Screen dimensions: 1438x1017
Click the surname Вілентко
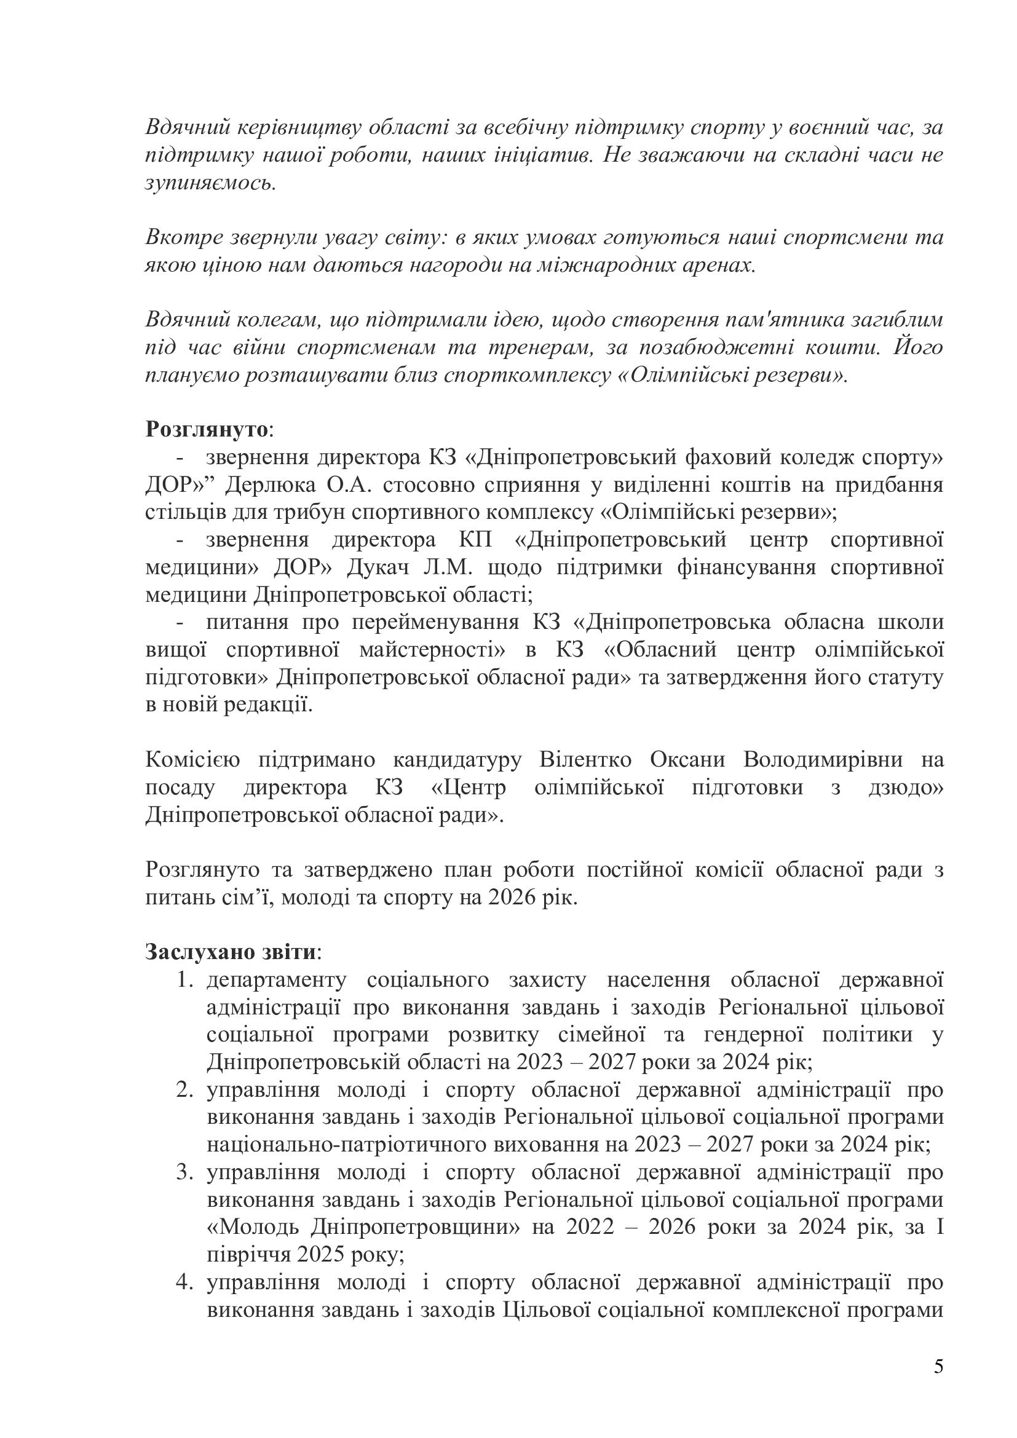pos(584,760)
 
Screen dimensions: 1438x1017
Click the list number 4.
pos(183,1282)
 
